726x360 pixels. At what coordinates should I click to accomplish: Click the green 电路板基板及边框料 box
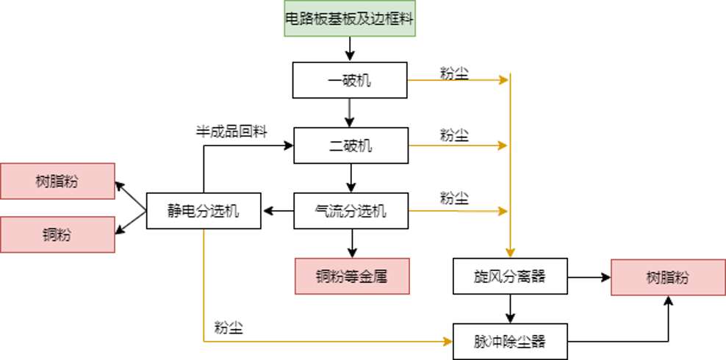coord(351,18)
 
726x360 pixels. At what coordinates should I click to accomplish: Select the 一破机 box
coord(350,80)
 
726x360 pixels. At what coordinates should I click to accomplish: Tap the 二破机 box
coord(351,145)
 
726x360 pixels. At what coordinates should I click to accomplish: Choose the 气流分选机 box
coord(351,212)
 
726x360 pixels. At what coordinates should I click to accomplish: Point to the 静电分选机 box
coord(203,212)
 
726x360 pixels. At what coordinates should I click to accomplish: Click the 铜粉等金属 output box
coord(351,276)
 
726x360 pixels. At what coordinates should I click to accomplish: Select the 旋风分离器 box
coord(510,276)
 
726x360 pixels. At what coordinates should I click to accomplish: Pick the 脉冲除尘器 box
coord(510,341)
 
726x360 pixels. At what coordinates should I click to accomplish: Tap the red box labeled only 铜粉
coord(57,235)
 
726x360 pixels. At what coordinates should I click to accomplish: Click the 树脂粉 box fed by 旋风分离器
coord(668,276)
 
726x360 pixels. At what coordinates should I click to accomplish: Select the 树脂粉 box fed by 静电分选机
coord(57,181)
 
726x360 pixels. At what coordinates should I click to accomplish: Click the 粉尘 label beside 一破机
coord(454,73)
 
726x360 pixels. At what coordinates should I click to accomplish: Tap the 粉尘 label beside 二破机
coord(454,135)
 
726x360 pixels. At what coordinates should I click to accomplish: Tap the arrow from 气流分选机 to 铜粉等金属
coord(351,243)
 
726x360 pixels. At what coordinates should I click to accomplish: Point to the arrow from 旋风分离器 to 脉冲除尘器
coord(510,309)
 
